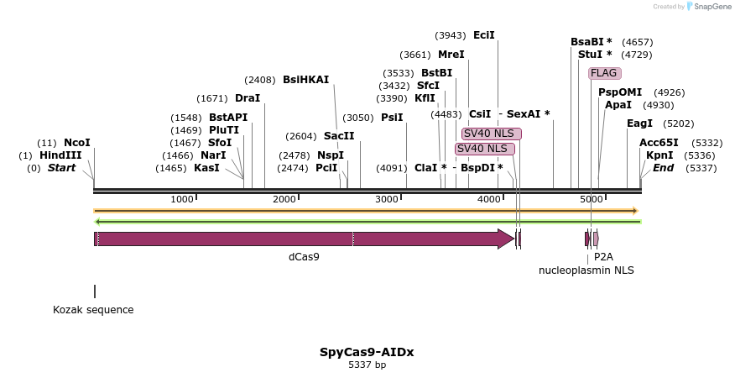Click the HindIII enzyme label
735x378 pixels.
pyautogui.click(x=60, y=155)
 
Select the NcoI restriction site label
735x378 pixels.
pyautogui.click(x=76, y=143)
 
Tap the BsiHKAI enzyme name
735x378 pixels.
pyautogui.click(x=305, y=80)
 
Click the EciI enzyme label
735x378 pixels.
pyautogui.click(x=484, y=35)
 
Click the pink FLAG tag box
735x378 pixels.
pyautogui.click(x=603, y=73)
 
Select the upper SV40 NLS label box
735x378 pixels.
pyautogui.click(x=491, y=134)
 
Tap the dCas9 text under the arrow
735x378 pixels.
pyautogui.click(x=304, y=257)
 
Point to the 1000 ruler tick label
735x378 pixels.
pyautogui.click(x=181, y=199)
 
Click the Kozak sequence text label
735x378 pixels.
pyautogui.click(x=93, y=310)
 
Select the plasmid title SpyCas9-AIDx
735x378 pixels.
pyautogui.click(x=367, y=352)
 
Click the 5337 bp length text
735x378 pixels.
pyautogui.click(x=367, y=365)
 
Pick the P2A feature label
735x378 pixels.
pyautogui.click(x=603, y=257)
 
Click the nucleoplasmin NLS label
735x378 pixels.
pyautogui.click(x=586, y=270)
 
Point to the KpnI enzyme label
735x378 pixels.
pyautogui.click(x=659, y=155)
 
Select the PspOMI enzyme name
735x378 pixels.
pyautogui.click(x=619, y=92)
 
